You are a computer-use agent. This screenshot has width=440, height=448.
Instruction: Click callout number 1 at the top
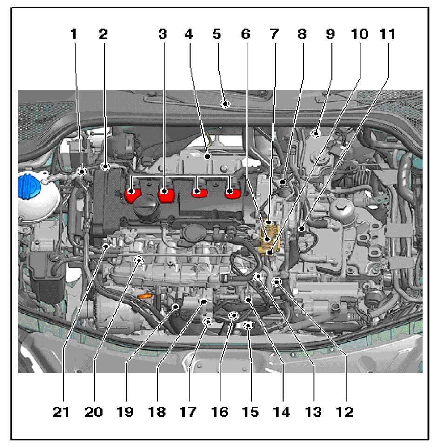(73, 34)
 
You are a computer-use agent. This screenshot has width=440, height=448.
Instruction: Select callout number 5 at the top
(217, 34)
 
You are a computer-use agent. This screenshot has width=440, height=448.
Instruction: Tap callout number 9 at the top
(330, 34)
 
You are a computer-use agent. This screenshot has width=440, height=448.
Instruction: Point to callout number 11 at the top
(387, 34)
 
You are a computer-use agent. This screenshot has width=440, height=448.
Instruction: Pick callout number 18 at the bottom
(158, 411)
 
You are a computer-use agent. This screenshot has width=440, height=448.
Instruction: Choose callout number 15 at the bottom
(250, 411)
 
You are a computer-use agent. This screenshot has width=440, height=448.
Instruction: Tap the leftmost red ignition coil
(132, 194)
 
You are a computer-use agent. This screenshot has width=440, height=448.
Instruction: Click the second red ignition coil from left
(165, 194)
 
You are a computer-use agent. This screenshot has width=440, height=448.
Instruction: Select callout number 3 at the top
(162, 34)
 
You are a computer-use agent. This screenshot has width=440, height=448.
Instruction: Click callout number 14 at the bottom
(282, 411)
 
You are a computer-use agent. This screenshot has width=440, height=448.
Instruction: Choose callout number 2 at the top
(103, 34)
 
